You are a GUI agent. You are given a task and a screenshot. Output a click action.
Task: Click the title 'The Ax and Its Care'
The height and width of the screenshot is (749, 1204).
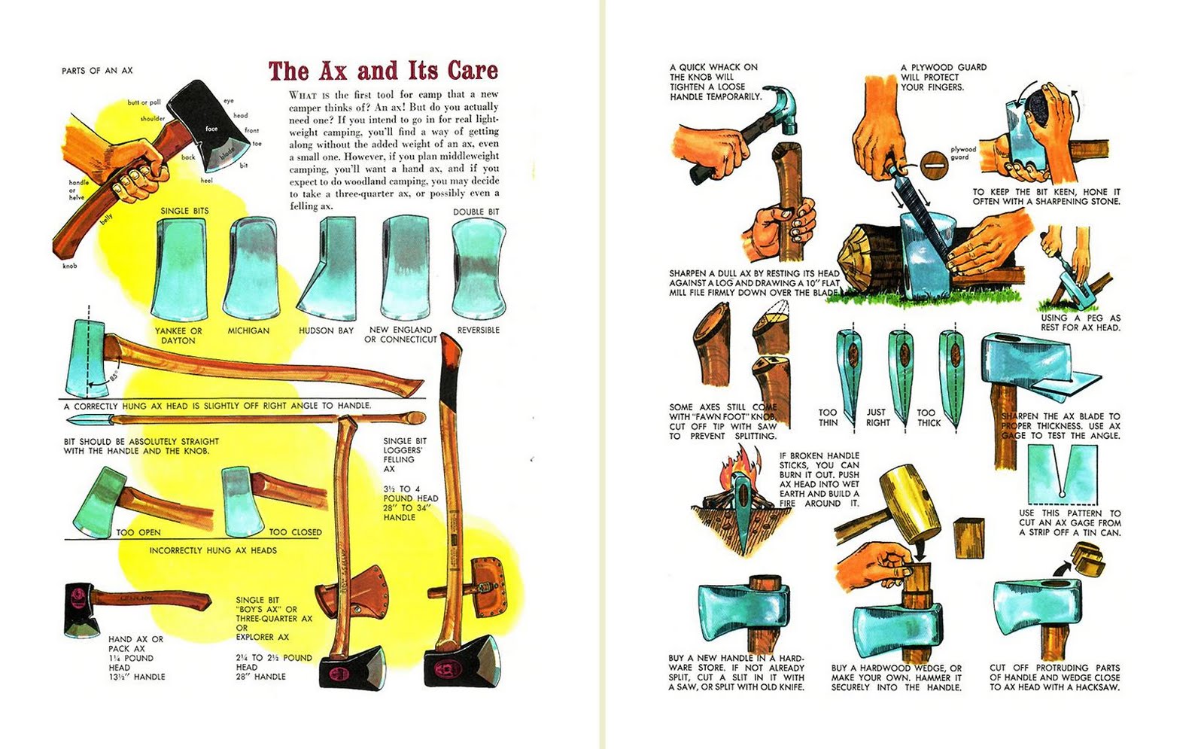(x=383, y=71)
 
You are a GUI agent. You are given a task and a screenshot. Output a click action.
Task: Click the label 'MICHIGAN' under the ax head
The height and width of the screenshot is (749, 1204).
(x=248, y=330)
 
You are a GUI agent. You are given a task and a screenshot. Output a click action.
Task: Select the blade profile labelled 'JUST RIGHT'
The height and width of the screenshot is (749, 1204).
(x=899, y=376)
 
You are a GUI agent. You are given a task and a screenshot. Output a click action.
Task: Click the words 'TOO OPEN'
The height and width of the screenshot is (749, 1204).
(x=138, y=532)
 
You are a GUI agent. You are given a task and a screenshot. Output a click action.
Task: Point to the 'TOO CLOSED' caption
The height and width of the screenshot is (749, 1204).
(x=295, y=532)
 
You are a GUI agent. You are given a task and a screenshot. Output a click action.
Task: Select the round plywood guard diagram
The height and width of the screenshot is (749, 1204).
(x=934, y=162)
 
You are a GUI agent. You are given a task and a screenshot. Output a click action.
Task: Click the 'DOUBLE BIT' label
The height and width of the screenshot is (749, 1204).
(x=476, y=212)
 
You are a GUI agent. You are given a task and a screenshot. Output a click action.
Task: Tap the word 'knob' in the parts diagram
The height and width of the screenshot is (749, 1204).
(x=69, y=266)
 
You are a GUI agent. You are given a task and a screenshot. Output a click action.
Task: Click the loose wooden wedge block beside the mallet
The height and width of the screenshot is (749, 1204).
(x=968, y=537)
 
